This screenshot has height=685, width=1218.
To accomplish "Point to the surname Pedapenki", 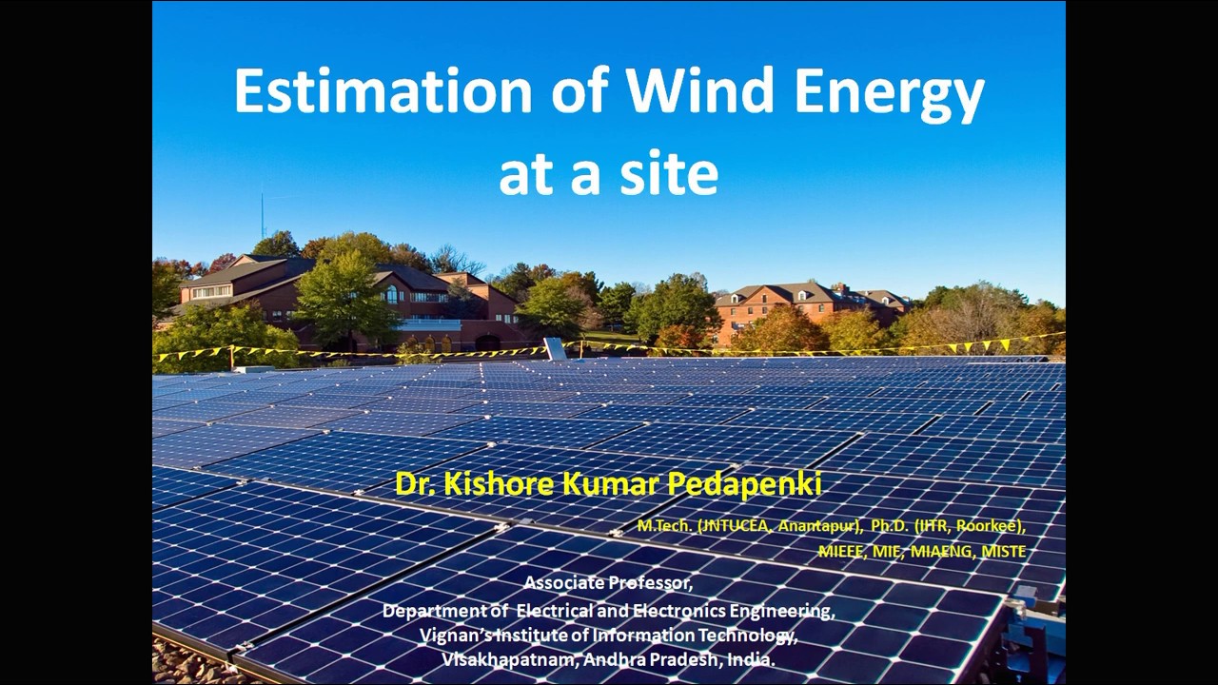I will pos(743,484).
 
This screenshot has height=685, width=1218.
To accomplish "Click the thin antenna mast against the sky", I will pos(263,217).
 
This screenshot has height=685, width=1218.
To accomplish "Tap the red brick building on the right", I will pos(771,309).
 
